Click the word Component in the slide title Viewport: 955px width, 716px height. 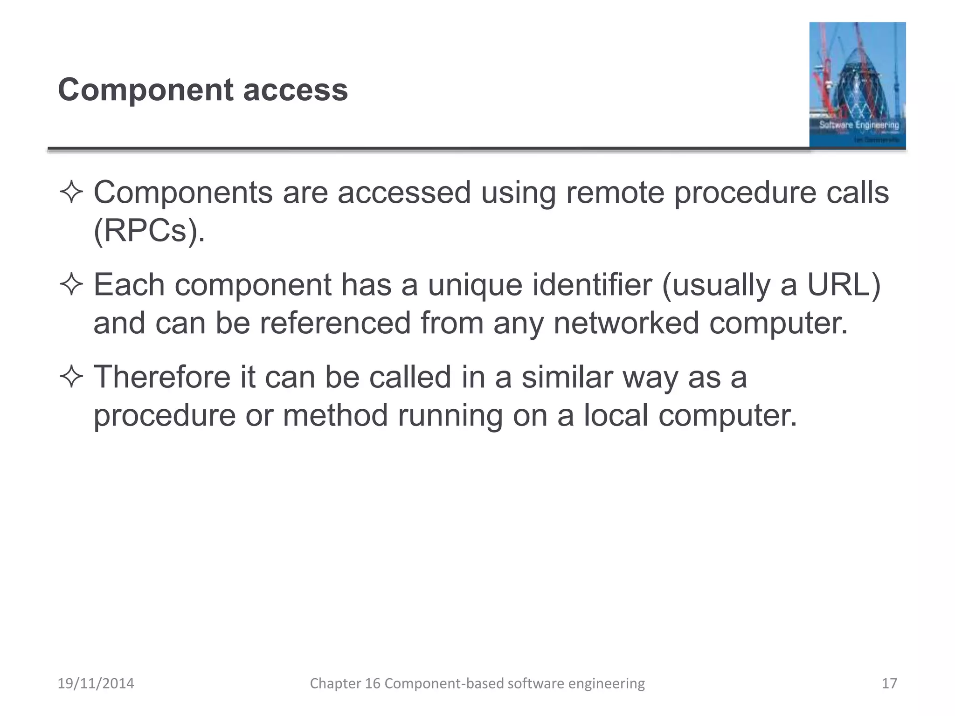click(x=145, y=90)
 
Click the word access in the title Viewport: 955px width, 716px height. click(x=295, y=90)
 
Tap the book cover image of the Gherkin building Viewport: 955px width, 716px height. click(x=857, y=85)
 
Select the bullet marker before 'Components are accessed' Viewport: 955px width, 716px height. click(x=71, y=193)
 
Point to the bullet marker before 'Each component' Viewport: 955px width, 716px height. click(x=71, y=285)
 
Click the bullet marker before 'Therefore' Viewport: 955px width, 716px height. click(x=71, y=377)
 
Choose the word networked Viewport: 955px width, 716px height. click(x=626, y=323)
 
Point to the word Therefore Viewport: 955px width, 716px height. click(x=162, y=377)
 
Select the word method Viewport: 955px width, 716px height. click(x=335, y=415)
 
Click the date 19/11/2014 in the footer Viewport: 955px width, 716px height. click(x=96, y=683)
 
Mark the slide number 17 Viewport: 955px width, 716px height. click(x=889, y=683)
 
